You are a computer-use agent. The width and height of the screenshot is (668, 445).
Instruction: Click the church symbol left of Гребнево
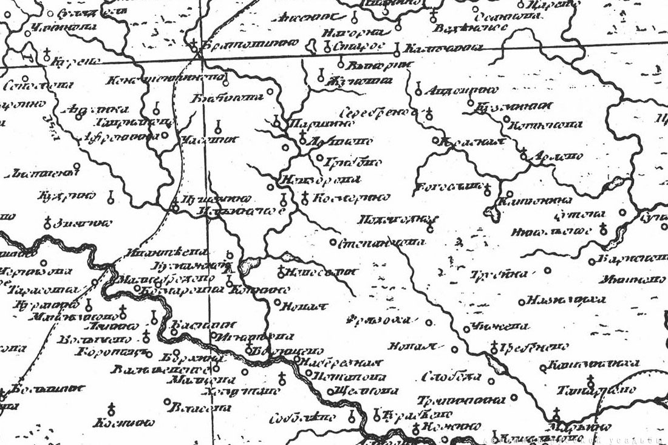[494, 348]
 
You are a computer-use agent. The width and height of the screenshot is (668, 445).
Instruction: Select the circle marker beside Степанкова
[333, 242]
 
